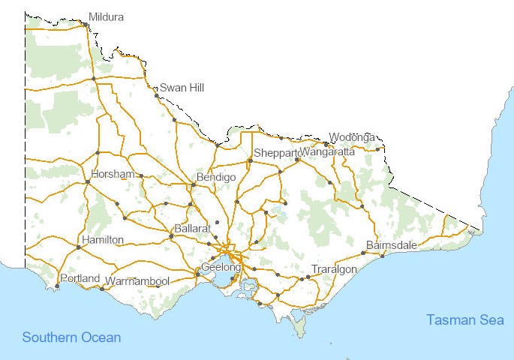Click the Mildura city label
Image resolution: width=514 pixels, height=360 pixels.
click(x=106, y=16)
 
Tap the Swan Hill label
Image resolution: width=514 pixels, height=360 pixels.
click(x=182, y=88)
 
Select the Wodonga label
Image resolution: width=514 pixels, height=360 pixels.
click(x=352, y=137)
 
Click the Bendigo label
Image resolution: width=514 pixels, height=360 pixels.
click(x=216, y=177)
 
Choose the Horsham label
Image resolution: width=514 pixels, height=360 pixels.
click(x=113, y=175)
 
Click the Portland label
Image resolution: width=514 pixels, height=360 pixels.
click(x=80, y=278)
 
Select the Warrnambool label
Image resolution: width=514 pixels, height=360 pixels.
click(x=137, y=281)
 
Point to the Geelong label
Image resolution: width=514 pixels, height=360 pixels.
click(x=221, y=267)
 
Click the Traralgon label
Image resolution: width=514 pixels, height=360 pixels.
click(x=334, y=269)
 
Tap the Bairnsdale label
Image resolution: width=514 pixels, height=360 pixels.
click(x=391, y=245)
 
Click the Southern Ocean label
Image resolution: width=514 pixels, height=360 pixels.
click(x=71, y=337)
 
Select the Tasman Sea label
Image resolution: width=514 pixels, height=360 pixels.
click(x=465, y=320)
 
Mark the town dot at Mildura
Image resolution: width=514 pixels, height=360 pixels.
click(x=86, y=25)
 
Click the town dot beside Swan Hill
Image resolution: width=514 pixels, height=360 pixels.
click(x=157, y=95)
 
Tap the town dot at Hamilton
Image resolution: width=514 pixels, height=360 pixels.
click(x=78, y=246)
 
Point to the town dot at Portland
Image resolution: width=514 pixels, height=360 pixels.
click(x=57, y=286)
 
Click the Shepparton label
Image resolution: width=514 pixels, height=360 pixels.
click(x=276, y=153)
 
